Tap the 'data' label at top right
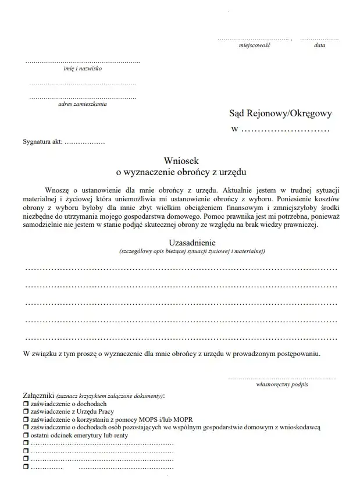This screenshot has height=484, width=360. [x=319, y=45]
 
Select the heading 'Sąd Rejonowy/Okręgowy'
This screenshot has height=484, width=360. [x=280, y=115]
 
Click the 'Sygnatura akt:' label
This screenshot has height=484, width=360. [x=42, y=141]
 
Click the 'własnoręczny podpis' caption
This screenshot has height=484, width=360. [x=282, y=385]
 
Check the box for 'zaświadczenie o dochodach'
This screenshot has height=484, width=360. [x=26, y=403]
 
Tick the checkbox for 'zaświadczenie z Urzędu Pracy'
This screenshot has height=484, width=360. [x=26, y=411]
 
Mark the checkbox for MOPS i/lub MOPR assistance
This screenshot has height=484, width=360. [x=26, y=419]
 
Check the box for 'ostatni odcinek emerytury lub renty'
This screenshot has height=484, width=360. [x=26, y=435]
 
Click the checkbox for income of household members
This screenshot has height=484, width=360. [x=26, y=427]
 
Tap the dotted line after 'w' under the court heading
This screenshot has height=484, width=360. [x=286, y=129]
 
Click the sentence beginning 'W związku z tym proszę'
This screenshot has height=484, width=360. [x=171, y=353]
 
